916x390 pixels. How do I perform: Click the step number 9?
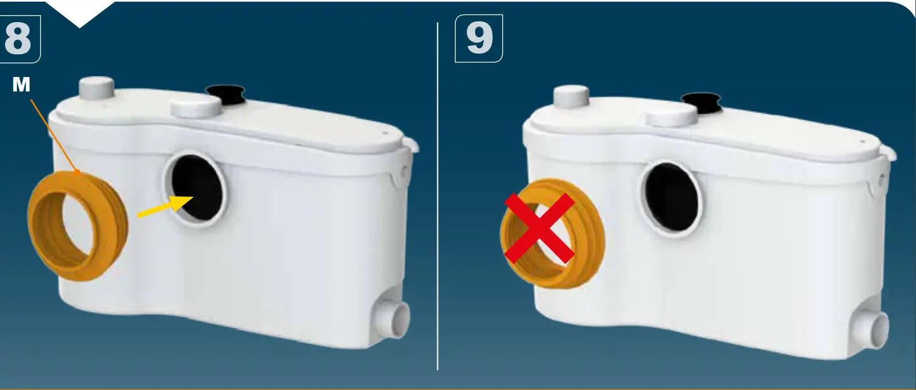[x=479, y=38]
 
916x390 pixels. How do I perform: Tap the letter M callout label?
[x=21, y=85]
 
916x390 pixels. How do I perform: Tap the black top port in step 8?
[x=226, y=95]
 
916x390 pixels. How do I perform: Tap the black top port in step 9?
[x=701, y=102]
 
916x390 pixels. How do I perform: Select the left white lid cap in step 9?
[x=570, y=95]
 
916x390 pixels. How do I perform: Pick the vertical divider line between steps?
[x=438, y=196]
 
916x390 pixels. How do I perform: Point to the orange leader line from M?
[x=54, y=133]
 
